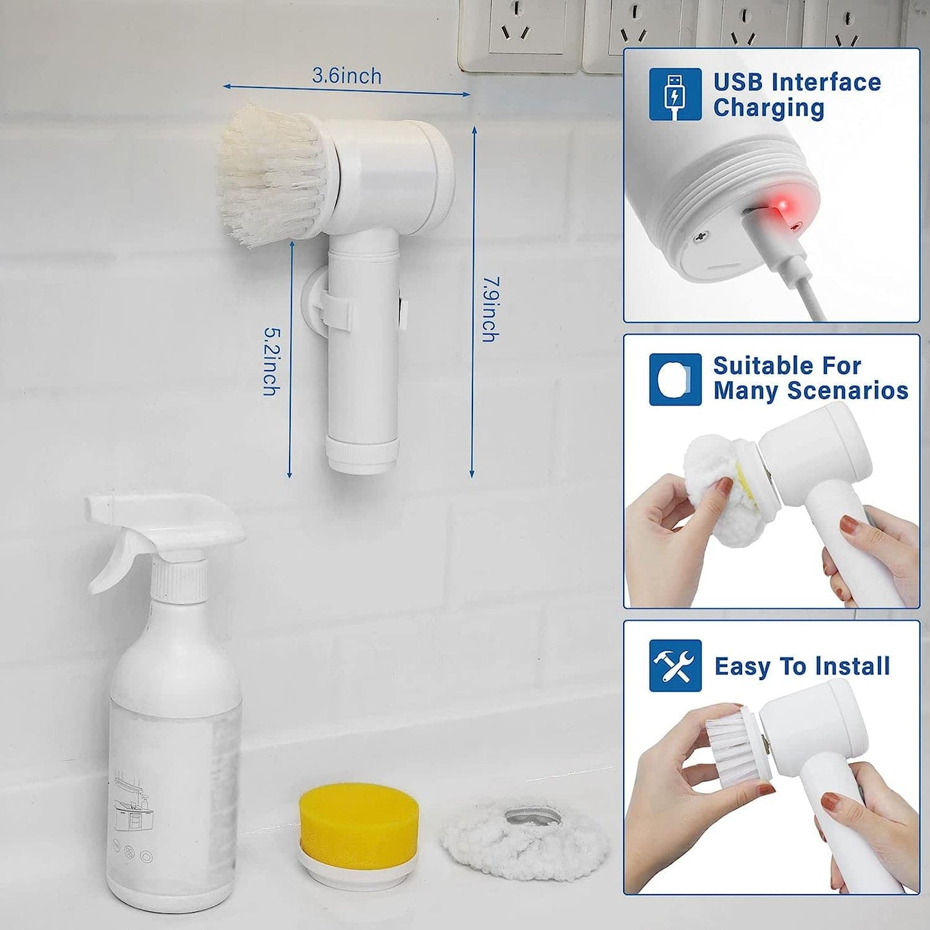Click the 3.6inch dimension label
(347, 76)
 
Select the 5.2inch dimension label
(272, 362)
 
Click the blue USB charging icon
(674, 94)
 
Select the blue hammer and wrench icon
(674, 665)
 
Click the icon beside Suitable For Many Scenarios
(674, 379)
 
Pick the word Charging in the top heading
(768, 108)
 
